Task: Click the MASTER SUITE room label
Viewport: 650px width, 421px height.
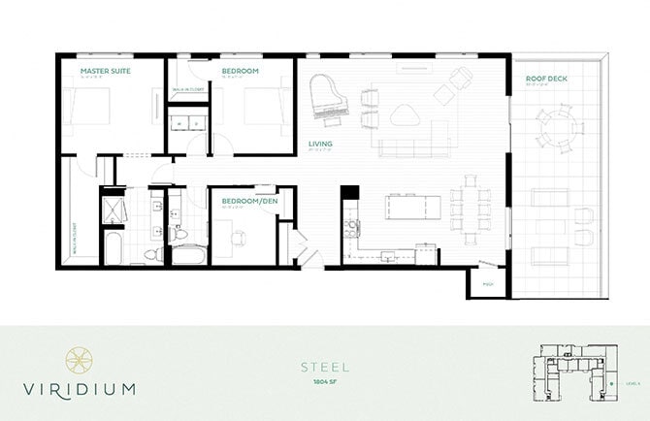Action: (x=106, y=71)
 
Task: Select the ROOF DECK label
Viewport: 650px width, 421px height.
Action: (x=546, y=78)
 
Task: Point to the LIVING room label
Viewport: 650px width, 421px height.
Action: (x=321, y=144)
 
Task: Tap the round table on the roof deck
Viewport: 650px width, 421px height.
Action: (x=557, y=125)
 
